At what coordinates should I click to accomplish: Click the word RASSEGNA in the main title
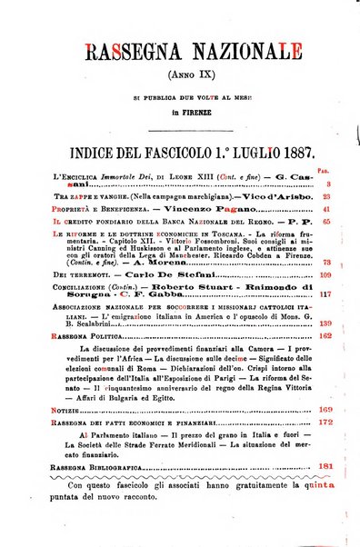[x=126, y=53]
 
